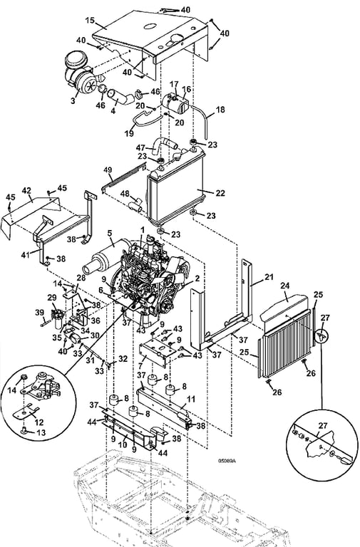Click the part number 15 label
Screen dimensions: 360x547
[90, 20]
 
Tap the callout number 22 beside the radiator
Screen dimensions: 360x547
[220, 193]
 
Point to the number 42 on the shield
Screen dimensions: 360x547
[26, 191]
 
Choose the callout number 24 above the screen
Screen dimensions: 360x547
[285, 286]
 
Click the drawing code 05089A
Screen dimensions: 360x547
[227, 461]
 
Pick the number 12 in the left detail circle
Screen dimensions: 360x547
[39, 422]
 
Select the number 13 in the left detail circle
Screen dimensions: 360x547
[41, 433]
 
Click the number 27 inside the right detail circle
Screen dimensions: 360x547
[323, 426]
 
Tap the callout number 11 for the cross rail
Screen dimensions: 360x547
[191, 399]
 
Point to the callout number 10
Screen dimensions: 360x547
[123, 445]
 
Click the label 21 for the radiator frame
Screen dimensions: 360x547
[269, 277]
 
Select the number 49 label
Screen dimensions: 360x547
[108, 170]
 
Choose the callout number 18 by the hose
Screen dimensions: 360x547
[220, 110]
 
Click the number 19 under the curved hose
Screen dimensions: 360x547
[129, 133]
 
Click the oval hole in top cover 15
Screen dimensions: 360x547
[150, 26]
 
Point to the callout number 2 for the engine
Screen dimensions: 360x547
[197, 278]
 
